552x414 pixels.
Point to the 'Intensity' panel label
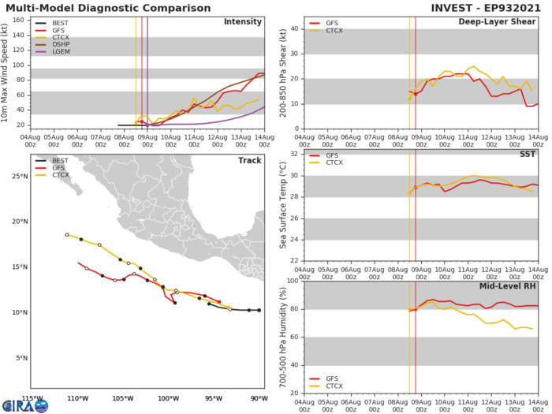(242, 21)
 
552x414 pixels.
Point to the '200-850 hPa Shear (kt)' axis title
(283, 73)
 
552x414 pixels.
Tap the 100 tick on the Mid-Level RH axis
(295, 281)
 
